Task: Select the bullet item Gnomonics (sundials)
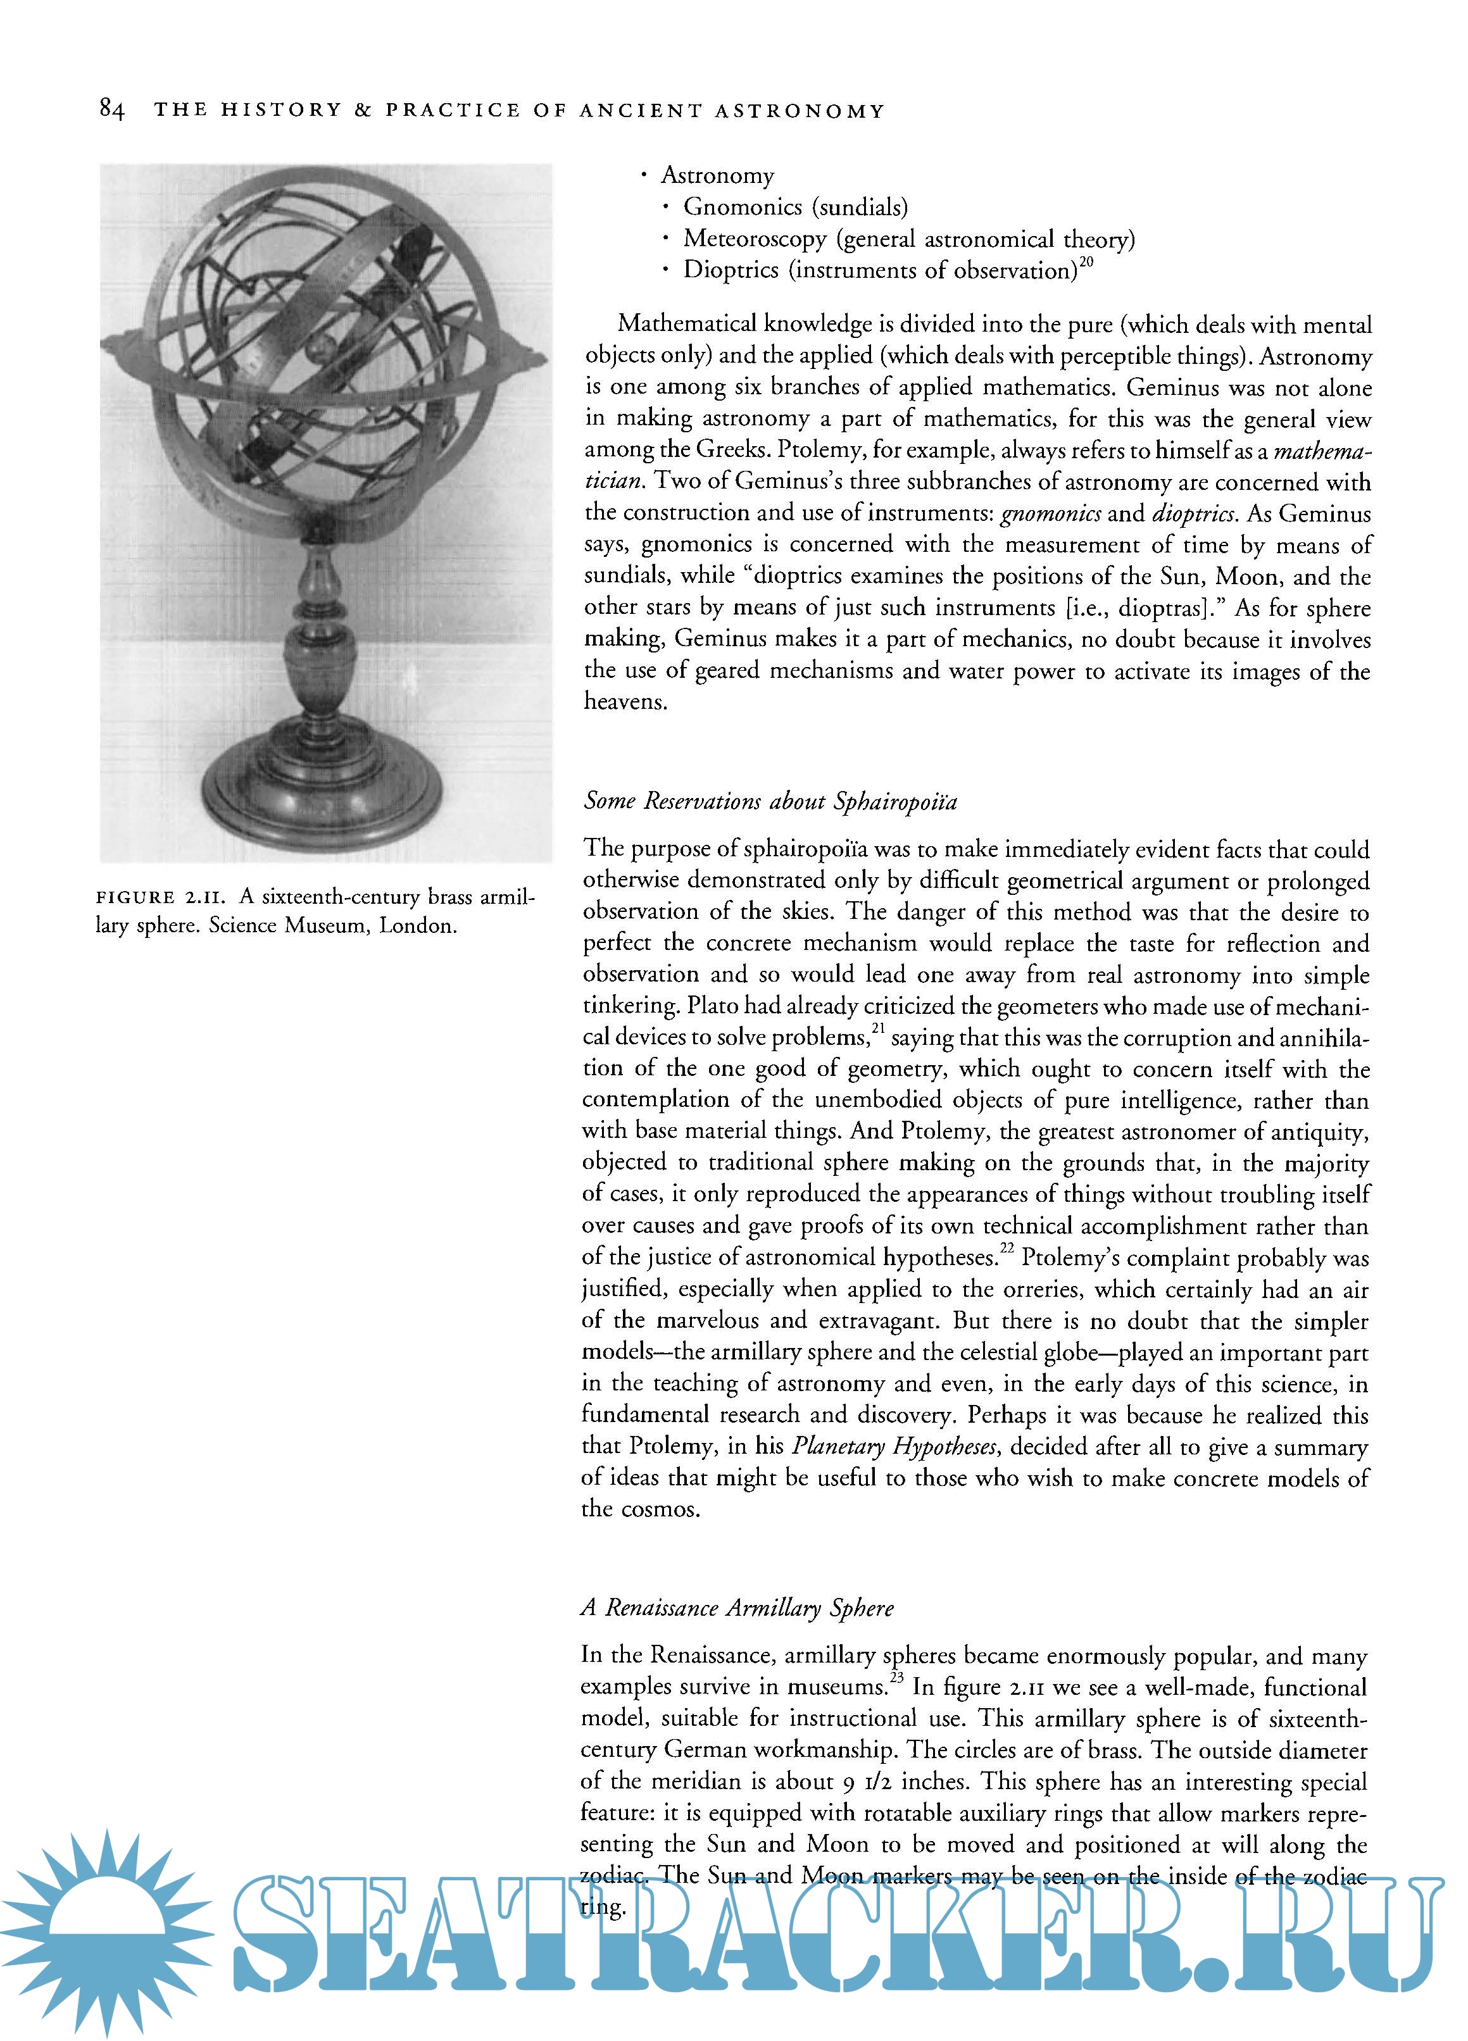pyautogui.click(x=794, y=208)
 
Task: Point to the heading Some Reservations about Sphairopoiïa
pyautogui.click(x=770, y=801)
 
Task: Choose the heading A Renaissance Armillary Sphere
pyautogui.click(x=737, y=1608)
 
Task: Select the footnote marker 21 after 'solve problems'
pyautogui.click(x=879, y=1028)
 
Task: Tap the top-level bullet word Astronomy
pyautogui.click(x=717, y=175)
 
